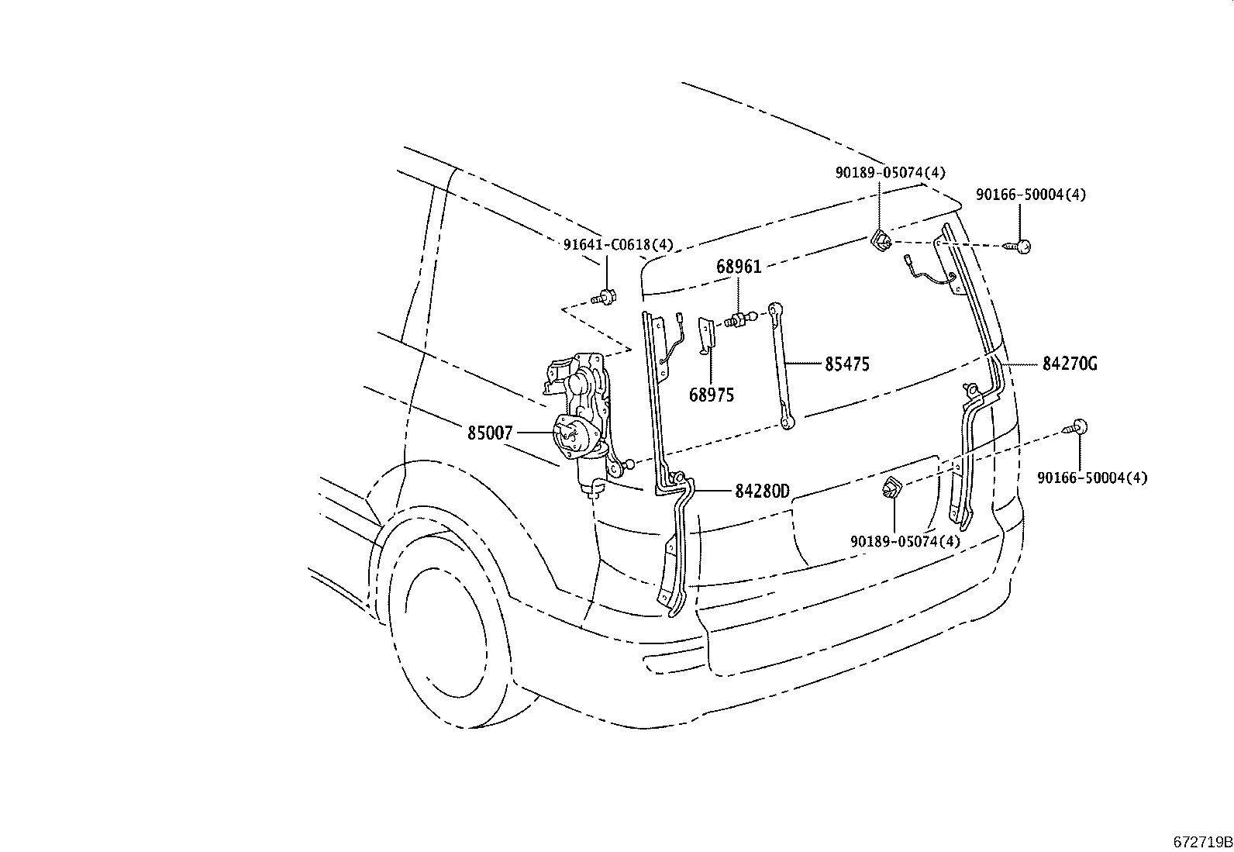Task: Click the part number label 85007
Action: coord(490,433)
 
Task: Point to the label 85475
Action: coord(846,364)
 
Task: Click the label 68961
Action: coord(739,267)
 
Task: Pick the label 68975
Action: coord(711,395)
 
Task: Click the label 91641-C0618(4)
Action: coord(618,245)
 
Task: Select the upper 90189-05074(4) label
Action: coord(890,173)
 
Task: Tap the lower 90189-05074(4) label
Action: coord(905,541)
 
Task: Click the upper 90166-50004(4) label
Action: coord(1030,195)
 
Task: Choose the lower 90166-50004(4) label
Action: coord(1092,478)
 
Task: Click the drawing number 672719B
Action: coord(1201,842)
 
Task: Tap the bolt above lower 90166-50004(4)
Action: coord(1077,426)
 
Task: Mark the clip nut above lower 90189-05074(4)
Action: coord(891,488)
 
